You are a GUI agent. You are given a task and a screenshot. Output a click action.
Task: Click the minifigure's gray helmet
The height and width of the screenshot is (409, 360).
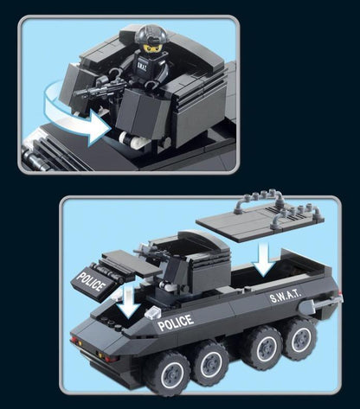click(x=152, y=34)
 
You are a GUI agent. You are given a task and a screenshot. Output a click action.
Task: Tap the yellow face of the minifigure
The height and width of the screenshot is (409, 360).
click(x=151, y=48)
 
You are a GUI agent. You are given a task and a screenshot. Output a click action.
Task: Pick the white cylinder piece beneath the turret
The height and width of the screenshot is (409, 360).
click(x=133, y=139)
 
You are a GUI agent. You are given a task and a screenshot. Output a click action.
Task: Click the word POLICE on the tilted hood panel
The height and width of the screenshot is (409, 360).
click(x=90, y=282)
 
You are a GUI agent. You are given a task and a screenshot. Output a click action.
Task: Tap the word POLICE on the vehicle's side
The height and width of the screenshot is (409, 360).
click(x=176, y=323)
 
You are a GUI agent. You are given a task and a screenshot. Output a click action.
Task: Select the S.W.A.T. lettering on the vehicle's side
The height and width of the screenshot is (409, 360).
click(x=286, y=295)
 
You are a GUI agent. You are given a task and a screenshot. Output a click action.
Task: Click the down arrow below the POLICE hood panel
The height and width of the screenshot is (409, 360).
click(x=129, y=301)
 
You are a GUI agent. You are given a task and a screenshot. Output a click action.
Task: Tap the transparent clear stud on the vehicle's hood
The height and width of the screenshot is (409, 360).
click(x=153, y=312)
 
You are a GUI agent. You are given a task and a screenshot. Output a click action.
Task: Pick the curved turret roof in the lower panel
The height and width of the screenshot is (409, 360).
click(x=202, y=240)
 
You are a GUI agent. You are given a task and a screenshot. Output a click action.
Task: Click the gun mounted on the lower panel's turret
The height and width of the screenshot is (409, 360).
click(x=150, y=252)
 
